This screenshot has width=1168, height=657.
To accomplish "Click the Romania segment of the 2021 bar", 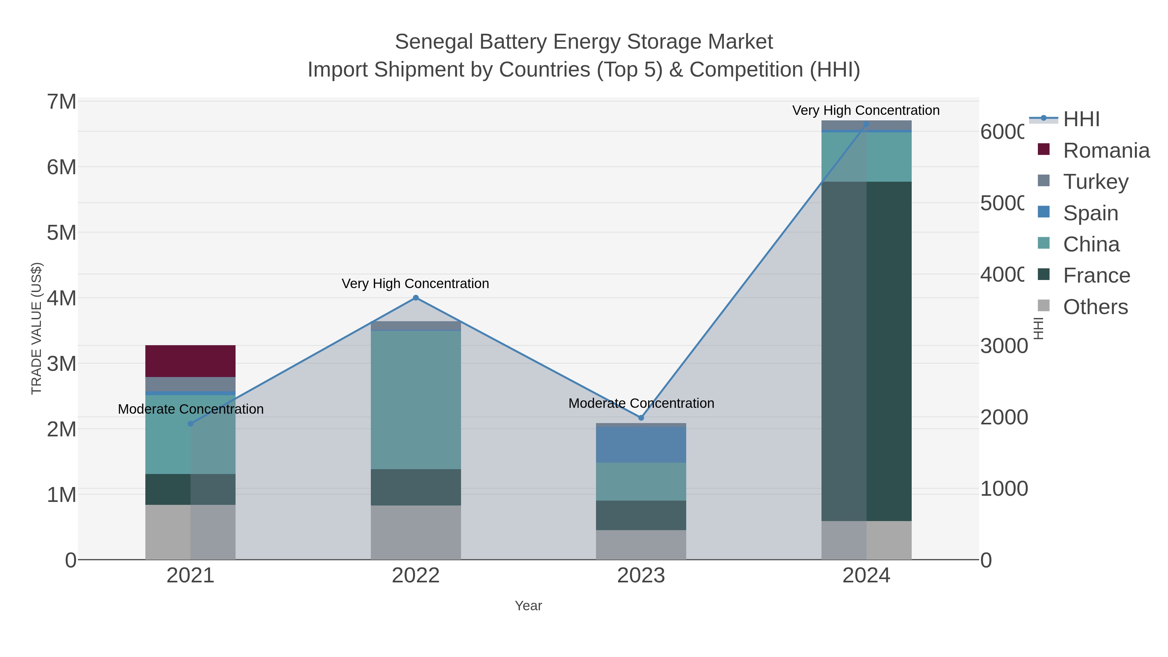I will pyautogui.click(x=190, y=361).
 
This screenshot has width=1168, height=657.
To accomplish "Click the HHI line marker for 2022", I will pyautogui.click(x=416, y=298).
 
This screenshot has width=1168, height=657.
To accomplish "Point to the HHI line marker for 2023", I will pyautogui.click(x=641, y=418).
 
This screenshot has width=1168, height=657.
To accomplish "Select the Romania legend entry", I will pyautogui.click(x=1106, y=151).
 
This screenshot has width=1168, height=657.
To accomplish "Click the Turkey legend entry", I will pyautogui.click(x=1095, y=182).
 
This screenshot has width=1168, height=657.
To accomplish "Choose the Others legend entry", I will pyautogui.click(x=1095, y=307).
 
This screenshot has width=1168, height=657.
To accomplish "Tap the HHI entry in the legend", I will pyautogui.click(x=1081, y=119).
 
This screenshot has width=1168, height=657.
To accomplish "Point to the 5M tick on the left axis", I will pyautogui.click(x=62, y=233).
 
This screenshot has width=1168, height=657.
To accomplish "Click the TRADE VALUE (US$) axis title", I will pyautogui.click(x=36, y=328).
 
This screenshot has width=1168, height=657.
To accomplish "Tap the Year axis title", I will pyautogui.click(x=528, y=606).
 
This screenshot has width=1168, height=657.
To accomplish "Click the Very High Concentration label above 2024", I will pyautogui.click(x=866, y=111).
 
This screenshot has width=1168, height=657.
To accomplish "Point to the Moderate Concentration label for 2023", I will pyautogui.click(x=641, y=403).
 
